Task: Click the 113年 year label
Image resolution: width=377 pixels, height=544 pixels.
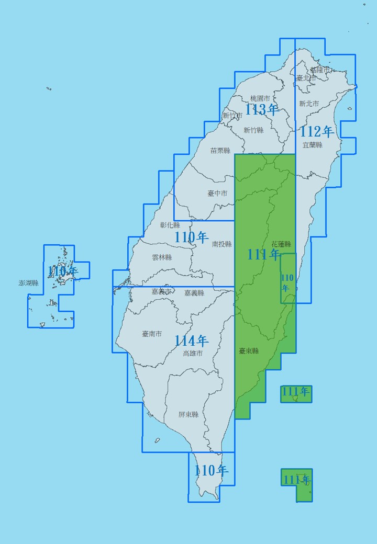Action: [x=262, y=109]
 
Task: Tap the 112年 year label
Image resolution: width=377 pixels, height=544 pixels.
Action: [x=317, y=131]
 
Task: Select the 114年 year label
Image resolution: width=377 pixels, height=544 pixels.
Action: [x=191, y=341]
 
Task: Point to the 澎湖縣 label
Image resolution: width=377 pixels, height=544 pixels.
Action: [x=29, y=283]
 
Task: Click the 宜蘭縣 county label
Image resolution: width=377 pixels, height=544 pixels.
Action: [x=312, y=145]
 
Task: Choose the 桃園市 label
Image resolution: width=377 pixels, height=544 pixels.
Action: [x=260, y=98]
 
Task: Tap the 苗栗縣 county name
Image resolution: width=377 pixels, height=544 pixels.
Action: [x=220, y=151]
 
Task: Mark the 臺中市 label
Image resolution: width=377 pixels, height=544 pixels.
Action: [x=217, y=193]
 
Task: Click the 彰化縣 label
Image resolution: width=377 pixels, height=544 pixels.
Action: [x=170, y=225]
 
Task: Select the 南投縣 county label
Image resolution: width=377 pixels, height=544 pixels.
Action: [x=222, y=244]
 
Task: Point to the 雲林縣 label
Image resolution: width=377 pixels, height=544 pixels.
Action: [x=162, y=257]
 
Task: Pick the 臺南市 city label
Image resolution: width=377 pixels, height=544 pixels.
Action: [x=152, y=334]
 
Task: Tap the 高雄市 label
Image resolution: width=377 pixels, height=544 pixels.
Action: [x=192, y=353]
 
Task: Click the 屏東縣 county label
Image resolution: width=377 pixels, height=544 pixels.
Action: [x=188, y=414]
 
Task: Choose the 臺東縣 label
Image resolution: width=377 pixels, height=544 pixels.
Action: [x=249, y=351]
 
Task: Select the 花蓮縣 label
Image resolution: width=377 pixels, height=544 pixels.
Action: [x=281, y=244]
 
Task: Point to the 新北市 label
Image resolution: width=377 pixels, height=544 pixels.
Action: [x=309, y=104]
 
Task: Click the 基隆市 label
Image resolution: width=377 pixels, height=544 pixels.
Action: [x=319, y=70]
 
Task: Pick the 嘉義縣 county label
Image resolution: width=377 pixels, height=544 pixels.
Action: [x=194, y=293]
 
